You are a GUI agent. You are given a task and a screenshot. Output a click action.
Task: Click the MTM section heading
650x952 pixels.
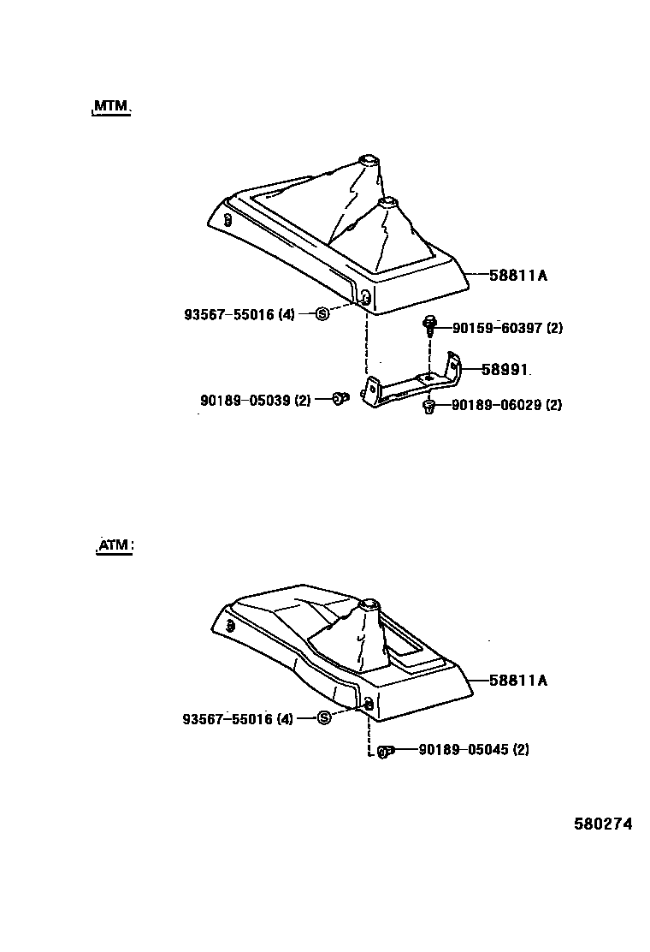110,106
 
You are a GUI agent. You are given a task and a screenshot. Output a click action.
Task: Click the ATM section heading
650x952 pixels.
114,545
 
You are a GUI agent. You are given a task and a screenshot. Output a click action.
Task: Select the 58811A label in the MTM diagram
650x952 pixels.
517,276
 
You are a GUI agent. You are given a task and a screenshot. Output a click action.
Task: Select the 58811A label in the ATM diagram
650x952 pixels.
517,681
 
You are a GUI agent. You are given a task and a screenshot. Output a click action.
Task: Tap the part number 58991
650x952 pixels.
505,370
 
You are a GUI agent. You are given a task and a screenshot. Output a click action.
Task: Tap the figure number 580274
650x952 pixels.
602,824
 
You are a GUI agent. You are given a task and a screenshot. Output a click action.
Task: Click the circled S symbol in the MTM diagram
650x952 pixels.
323,313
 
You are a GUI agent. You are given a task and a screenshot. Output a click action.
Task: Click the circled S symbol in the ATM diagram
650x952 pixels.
323,717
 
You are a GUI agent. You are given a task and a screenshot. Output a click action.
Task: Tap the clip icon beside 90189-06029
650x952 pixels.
429,406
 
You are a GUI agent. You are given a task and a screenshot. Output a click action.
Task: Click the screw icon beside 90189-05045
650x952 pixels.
385,751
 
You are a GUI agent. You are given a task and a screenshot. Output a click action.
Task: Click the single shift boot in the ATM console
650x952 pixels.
359,642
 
